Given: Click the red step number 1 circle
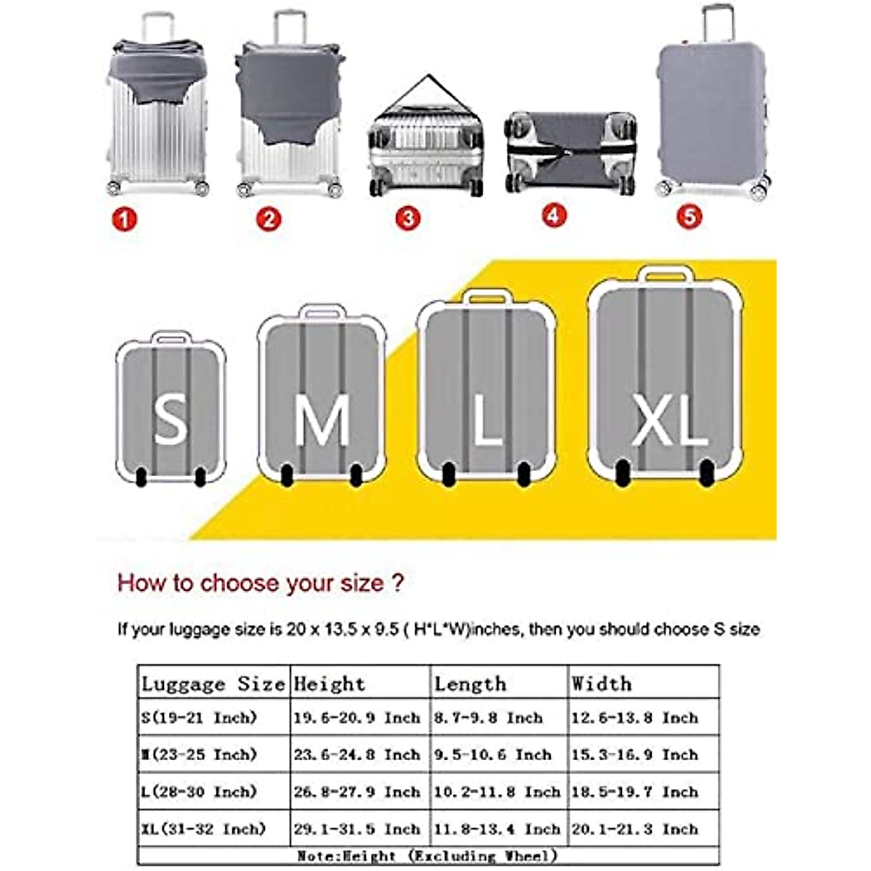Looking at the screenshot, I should pos(124,218).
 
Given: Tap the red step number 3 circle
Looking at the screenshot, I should pos(408,218).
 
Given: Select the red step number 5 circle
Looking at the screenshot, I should pos(689,216).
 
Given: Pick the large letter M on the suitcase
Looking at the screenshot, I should pos(322,421).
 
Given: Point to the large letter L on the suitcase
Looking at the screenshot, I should pos(487,420).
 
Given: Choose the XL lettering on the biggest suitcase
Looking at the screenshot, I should pos(668,420).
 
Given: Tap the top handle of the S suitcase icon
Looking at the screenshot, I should pos(172,338).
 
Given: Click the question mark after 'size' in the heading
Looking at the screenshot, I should pos(397,582).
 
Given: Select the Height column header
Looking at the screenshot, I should pos(329,684).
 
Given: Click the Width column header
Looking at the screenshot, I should pos(601,684).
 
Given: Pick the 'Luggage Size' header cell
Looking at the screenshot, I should pos(213,684).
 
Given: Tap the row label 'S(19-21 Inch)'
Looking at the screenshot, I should pos(200,718).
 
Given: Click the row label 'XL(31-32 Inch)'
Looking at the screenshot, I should pos(204,828).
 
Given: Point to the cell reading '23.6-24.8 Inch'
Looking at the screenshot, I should pos(357,755).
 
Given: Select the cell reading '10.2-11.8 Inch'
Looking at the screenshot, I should pos(497,792).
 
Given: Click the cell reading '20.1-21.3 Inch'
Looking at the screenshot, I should pos(634,828).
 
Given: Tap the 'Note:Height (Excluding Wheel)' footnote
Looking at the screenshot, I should pos(428,856).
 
